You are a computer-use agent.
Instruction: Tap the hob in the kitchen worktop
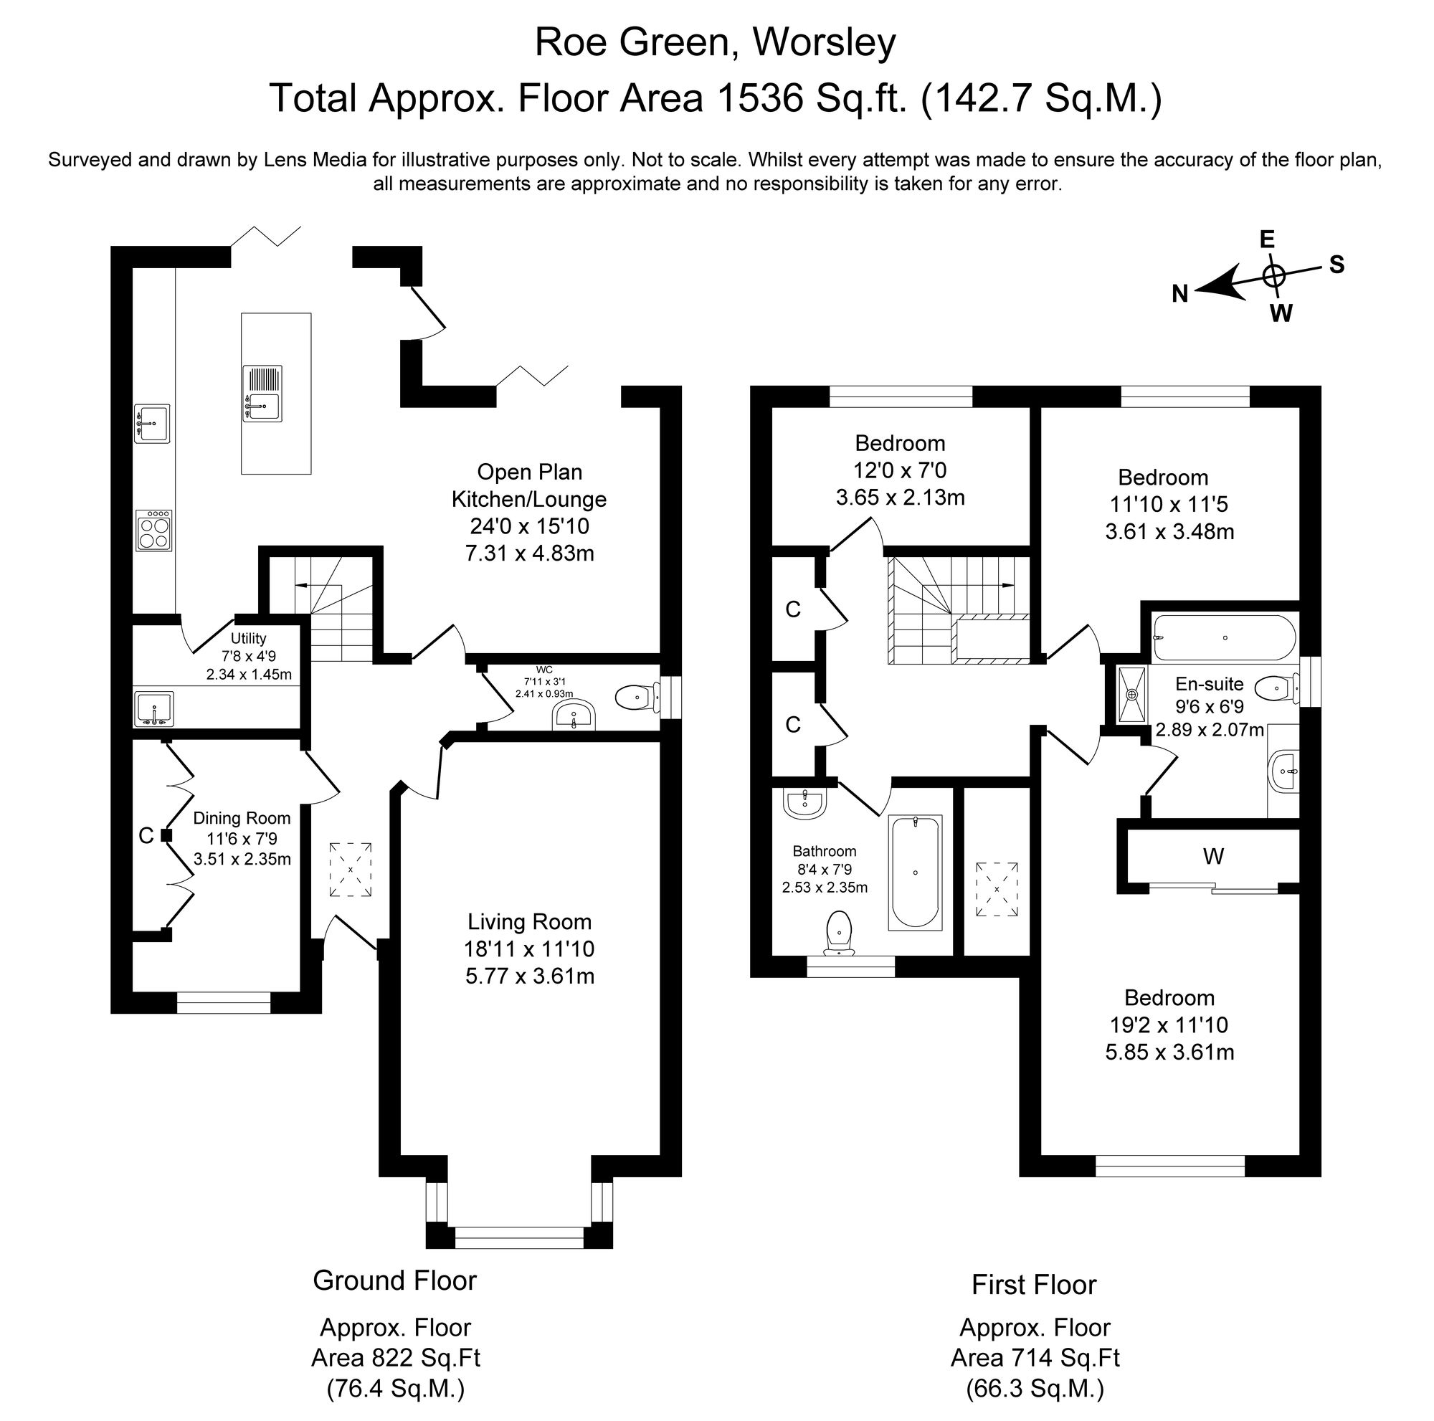153,530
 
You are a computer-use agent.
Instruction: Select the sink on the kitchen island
262,394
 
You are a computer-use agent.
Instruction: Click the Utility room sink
153,708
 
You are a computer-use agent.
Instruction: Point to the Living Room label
529,921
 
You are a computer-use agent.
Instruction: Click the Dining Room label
242,818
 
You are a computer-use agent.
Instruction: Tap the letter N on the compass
1180,295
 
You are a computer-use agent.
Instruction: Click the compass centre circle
1273,275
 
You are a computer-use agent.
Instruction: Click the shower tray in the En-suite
1132,695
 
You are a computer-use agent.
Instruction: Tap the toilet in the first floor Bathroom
839,933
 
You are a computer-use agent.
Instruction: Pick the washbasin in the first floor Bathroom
804,803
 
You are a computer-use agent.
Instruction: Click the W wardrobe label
1214,856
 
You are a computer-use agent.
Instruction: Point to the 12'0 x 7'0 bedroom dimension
900,470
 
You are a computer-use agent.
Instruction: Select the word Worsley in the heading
825,42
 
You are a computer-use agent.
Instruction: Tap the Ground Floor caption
394,1280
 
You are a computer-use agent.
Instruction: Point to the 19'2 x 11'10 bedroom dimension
1169,1025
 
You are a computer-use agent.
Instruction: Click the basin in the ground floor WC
574,716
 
